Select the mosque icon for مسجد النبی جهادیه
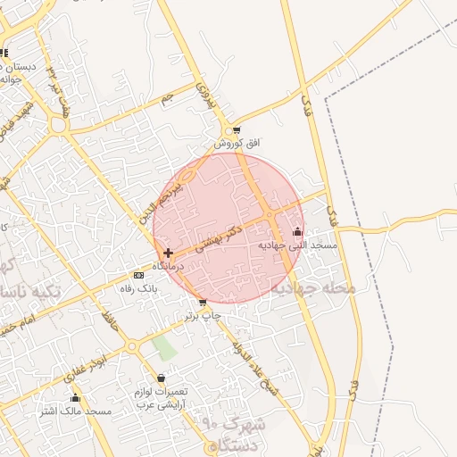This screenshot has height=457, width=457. point(297,232)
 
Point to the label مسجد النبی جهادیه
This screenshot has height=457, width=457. point(297,245)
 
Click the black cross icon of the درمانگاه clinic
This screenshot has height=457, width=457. point(168,253)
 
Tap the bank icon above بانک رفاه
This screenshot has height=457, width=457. point(138,275)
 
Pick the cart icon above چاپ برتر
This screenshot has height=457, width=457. point(203,303)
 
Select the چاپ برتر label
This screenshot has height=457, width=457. point(203,316)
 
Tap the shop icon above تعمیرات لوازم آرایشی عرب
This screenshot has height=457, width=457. point(161,378)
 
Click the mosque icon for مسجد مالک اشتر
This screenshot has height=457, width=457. point(75,398)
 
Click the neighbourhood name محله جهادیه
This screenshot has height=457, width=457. point(313,288)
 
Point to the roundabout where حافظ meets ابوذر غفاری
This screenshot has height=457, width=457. point(132,345)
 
